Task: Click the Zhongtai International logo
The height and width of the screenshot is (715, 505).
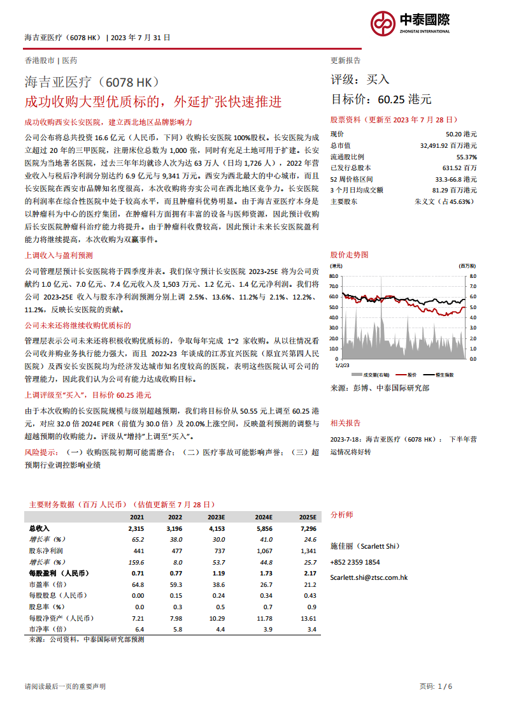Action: coord(410,24)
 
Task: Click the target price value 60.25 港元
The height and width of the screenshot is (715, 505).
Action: coord(404,99)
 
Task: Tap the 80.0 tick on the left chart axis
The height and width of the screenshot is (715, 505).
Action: coord(334,276)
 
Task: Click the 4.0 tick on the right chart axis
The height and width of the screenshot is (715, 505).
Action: coord(473,317)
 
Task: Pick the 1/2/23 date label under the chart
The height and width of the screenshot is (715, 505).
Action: coord(343,366)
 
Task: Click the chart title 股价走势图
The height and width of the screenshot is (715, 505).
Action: coord(349,254)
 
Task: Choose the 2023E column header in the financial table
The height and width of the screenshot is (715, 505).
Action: coord(217,517)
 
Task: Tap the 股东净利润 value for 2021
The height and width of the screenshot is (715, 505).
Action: coord(139,550)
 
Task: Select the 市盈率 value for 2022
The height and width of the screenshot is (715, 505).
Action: coord(175,584)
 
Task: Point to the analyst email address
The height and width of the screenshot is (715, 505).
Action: coord(369,577)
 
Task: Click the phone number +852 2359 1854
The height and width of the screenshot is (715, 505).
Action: coord(355,562)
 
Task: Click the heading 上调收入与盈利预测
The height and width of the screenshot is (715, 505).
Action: coord(59,255)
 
